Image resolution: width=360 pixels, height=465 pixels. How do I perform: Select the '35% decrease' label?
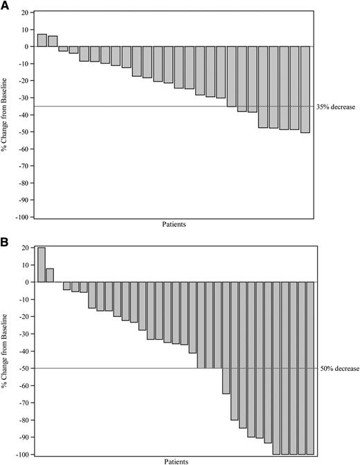coord(337,107)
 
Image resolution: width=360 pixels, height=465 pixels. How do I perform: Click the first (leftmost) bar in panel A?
coord(42,40)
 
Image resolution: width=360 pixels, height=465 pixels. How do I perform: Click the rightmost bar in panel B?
coord(310,368)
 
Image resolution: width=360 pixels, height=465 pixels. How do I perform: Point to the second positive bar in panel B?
coord(50,275)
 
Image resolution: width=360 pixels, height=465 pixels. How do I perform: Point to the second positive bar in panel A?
coord(53,41)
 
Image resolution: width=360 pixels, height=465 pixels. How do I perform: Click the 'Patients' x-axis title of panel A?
coord(173,225)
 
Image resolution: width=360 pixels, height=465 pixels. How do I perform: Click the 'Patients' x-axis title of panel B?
coord(173,461)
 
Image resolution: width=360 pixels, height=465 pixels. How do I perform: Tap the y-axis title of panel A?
coord(6,114)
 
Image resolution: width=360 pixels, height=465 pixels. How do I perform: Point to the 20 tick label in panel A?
coord(24,13)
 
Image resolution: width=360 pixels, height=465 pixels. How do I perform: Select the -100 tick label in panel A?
coord(22,217)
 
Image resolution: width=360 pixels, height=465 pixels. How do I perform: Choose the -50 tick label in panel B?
coord(24,369)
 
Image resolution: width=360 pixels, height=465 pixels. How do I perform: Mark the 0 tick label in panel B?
coord(27,282)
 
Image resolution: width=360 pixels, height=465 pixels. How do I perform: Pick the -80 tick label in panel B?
coord(24,421)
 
